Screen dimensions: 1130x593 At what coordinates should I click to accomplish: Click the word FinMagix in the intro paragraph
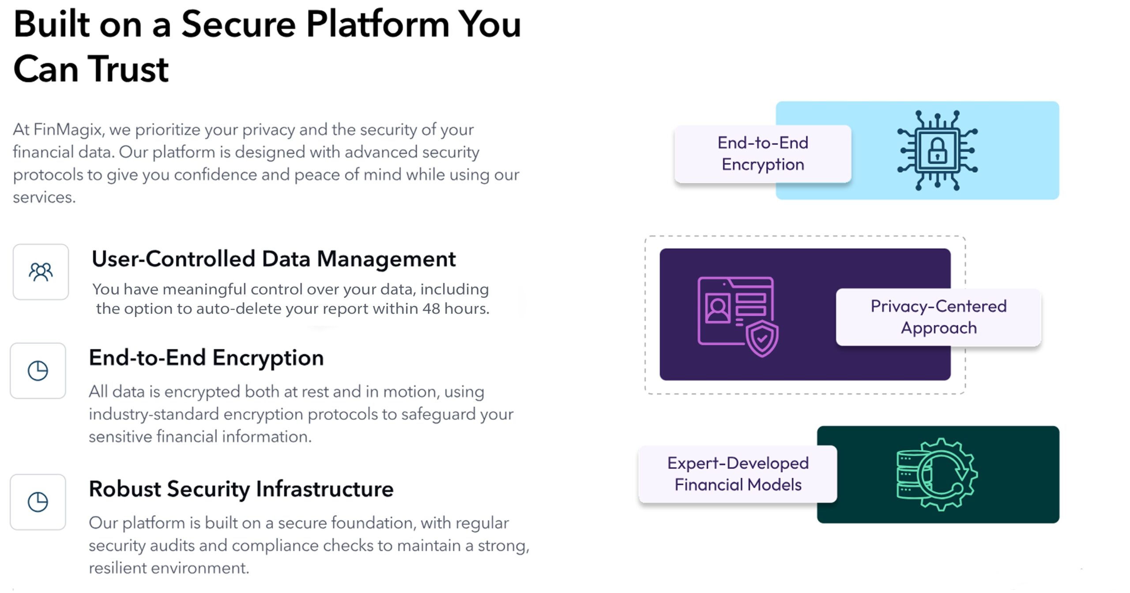pos(68,130)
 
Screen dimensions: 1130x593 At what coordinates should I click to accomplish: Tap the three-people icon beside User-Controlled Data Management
pos(41,272)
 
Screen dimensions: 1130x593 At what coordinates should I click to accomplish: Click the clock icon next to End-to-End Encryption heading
pos(38,370)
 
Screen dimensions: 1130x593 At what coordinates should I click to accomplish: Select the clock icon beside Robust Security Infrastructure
pos(38,502)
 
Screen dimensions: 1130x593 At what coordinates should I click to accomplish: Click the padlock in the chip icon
pos(937,151)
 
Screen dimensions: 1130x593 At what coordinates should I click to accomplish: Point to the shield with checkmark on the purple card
pos(762,339)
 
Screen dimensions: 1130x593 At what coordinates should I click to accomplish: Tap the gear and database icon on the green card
pos(937,475)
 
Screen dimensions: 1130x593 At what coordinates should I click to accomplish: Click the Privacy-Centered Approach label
pos(938,317)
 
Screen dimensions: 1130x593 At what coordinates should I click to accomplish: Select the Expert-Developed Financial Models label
pos(738,474)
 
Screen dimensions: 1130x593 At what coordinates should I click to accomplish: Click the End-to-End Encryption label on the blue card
pos(763,154)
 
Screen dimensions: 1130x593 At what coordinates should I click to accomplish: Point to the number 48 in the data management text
pos(431,309)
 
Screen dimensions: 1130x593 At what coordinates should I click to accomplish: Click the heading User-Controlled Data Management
pos(274,259)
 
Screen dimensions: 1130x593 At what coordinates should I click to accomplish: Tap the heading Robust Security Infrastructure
pos(241,489)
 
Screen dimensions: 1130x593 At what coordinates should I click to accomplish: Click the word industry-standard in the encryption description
pos(154,415)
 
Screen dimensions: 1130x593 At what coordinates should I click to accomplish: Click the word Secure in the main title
pos(238,24)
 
